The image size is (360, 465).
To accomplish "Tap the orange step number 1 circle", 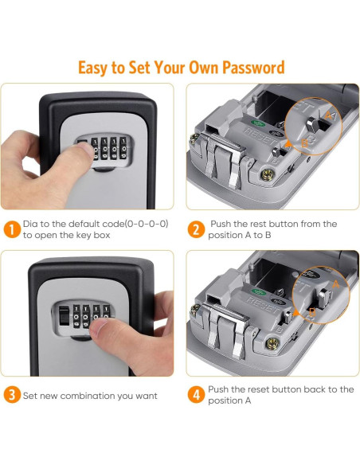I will pos(11,230).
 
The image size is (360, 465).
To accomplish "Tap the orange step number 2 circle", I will pos(196,230).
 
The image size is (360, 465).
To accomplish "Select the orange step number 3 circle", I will pos(11,395).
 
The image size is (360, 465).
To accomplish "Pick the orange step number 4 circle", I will pos(196,395).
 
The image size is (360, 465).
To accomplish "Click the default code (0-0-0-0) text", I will pos(128,225).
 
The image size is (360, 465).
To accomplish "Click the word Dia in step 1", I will pos(30,225).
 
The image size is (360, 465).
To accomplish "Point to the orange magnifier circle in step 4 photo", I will pos(319,294).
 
